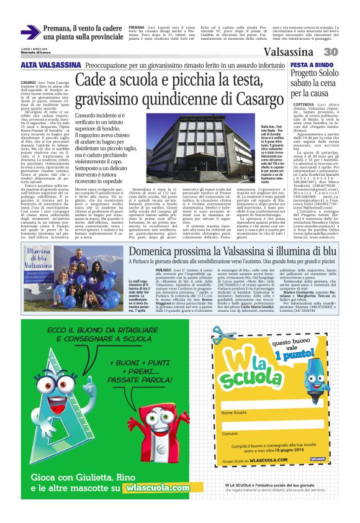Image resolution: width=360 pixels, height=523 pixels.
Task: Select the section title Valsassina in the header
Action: tap(295, 52)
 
